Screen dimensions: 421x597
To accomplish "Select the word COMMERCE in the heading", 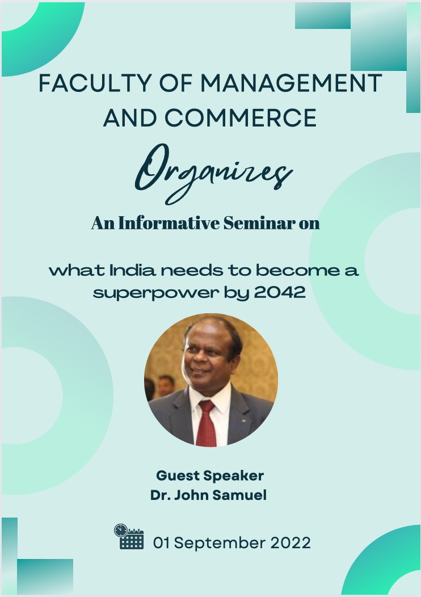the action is pos(240,117).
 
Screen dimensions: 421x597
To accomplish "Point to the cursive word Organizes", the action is pos(214,173).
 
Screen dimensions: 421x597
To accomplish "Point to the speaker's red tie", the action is pos(207,423).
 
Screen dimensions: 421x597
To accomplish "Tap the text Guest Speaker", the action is pos(210,476).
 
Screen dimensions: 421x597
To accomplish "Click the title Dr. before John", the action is pos(160,495).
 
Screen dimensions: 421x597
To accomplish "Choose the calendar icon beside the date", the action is pos(129,536).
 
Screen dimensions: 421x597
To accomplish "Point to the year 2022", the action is pos(291,543).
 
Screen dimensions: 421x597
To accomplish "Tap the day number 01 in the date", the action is pos(161,543).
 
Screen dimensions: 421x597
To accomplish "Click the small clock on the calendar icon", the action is pos(121,530).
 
